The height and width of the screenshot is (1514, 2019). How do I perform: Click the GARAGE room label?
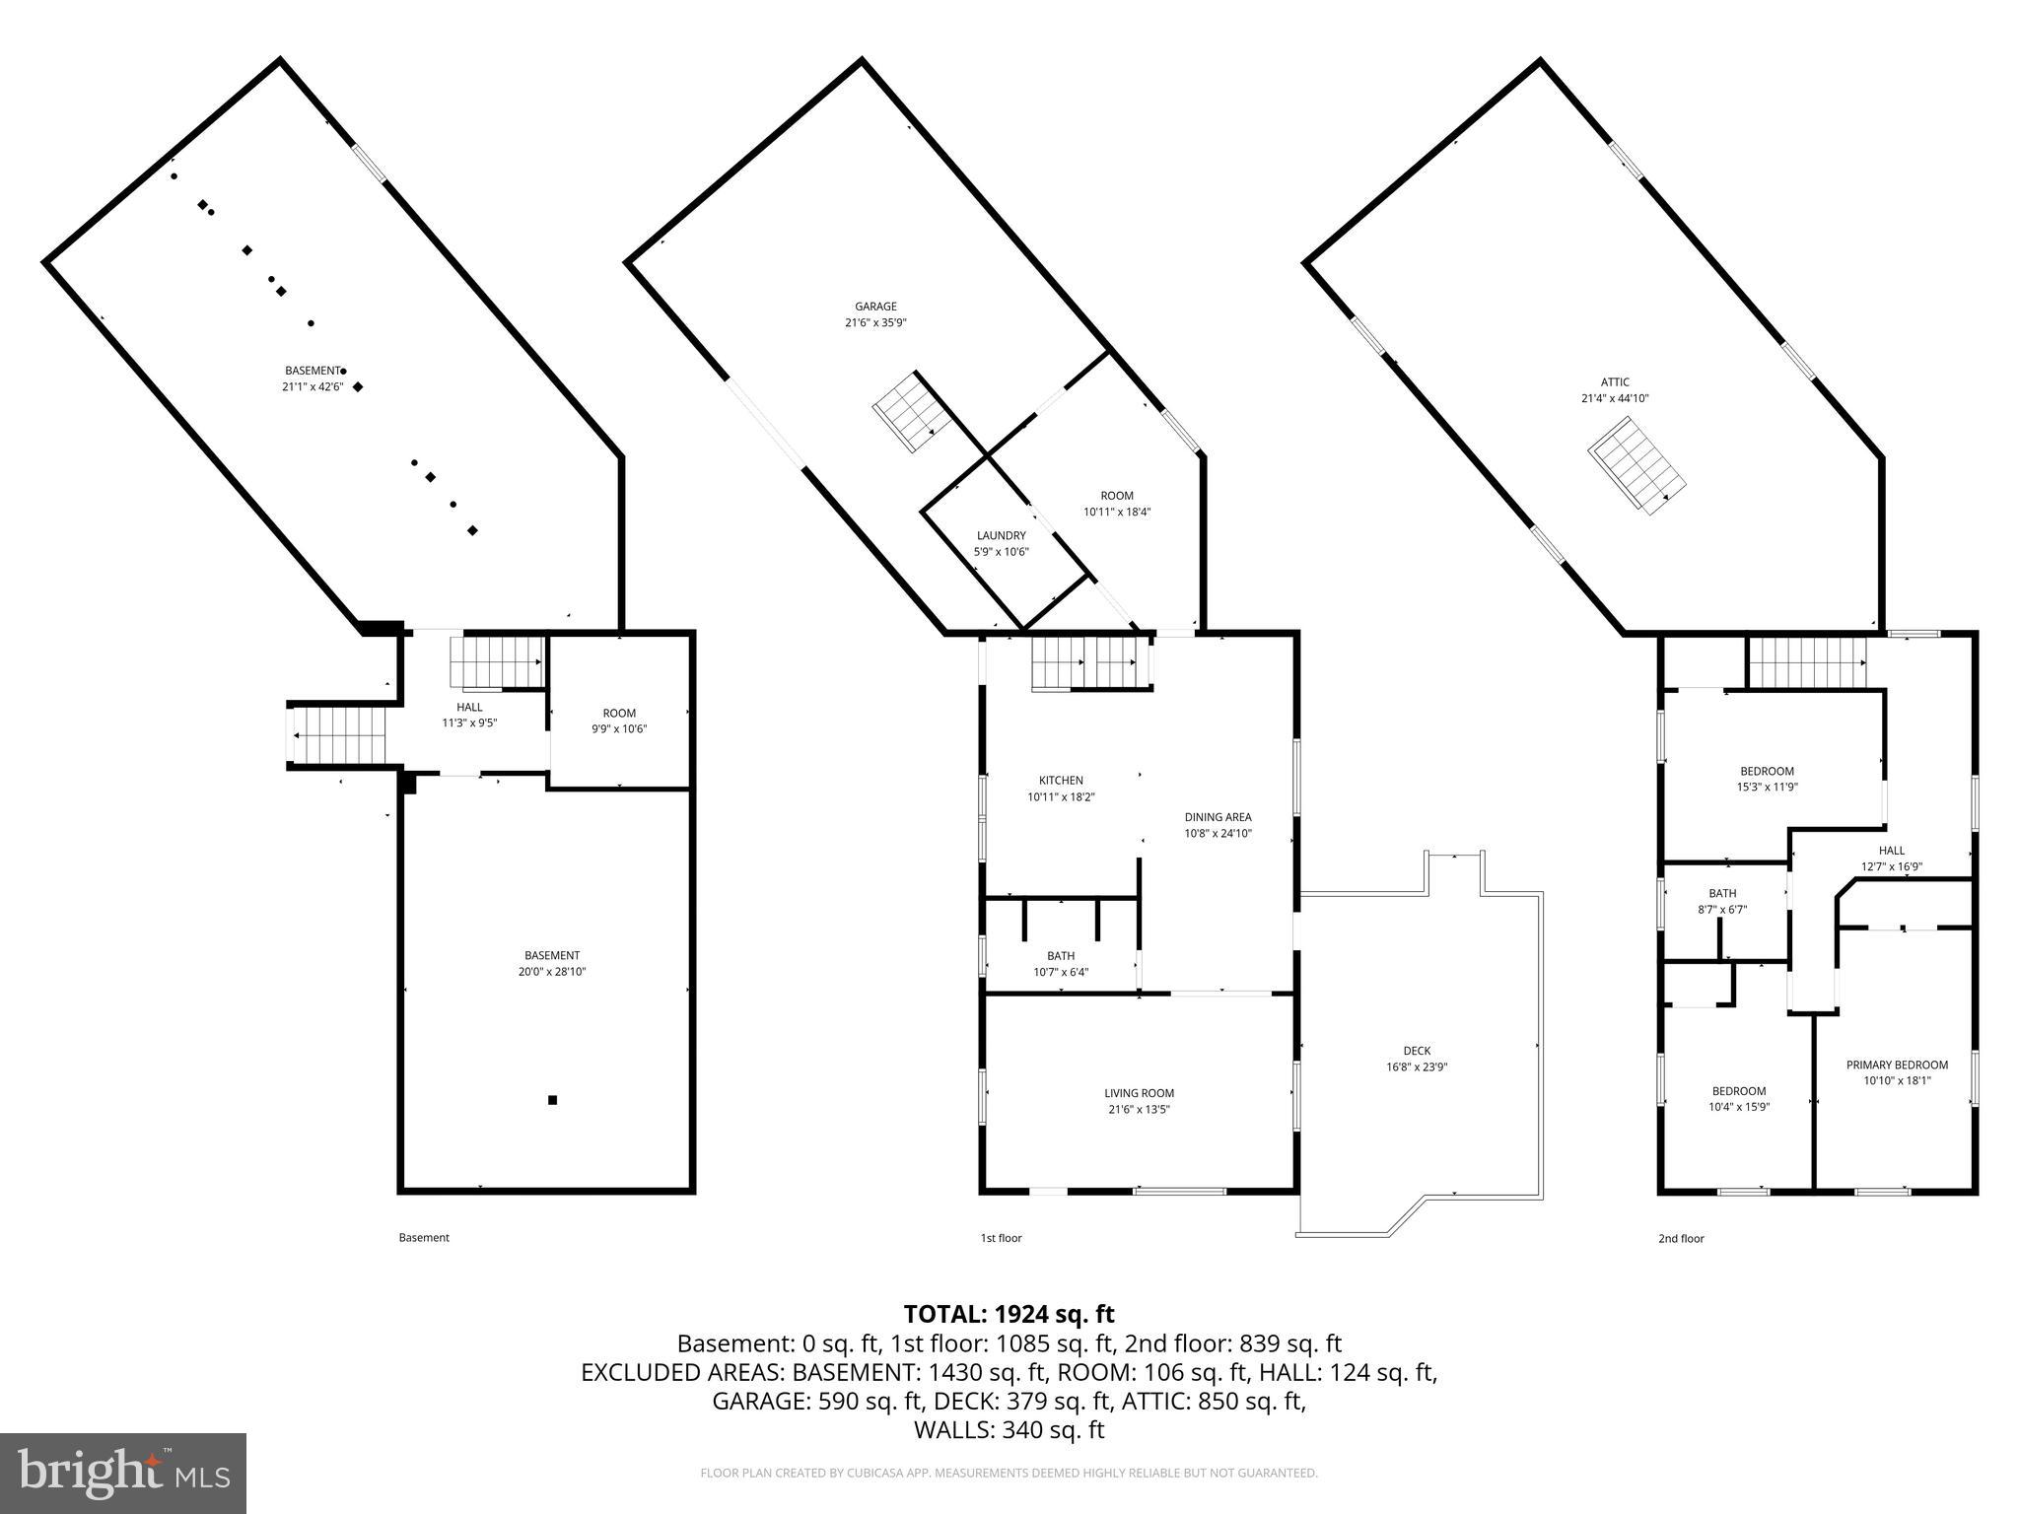(874, 307)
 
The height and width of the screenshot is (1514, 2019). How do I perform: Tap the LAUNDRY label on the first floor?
(1001, 535)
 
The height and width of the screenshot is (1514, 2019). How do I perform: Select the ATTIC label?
(1614, 382)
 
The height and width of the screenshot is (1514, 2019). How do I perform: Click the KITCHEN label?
(1060, 781)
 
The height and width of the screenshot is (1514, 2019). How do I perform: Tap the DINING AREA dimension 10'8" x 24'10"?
(1218, 833)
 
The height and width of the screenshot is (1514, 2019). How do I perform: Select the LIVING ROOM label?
(1139, 1093)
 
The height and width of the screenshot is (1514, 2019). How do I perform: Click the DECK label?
(1417, 1051)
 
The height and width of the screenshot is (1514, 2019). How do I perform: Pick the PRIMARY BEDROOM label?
(1897, 1065)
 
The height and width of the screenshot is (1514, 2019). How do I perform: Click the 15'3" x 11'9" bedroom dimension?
(1767, 787)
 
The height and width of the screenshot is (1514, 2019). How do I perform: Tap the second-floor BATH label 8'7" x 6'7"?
(1722, 894)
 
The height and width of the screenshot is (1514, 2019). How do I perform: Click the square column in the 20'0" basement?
(552, 1100)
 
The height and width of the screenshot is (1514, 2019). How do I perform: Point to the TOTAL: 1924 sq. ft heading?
(1009, 1314)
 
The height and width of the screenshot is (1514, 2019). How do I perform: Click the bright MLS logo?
(123, 1474)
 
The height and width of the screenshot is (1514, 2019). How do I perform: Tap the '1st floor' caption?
(1000, 1238)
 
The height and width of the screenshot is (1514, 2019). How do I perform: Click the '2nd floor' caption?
(1680, 1239)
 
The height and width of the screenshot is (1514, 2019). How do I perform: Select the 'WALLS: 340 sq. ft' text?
(1009, 1430)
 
